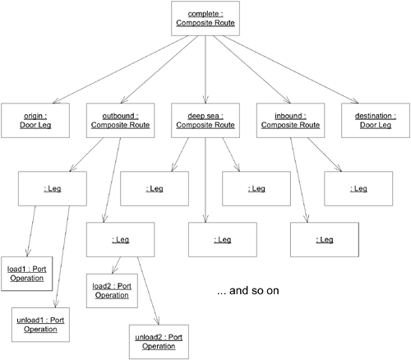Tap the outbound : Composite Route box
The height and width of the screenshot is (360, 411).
119,120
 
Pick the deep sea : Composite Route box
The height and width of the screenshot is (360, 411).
205,120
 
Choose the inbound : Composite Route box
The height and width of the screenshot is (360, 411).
289,120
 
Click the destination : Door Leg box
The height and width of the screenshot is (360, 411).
375,120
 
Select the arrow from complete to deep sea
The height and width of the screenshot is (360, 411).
205,70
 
